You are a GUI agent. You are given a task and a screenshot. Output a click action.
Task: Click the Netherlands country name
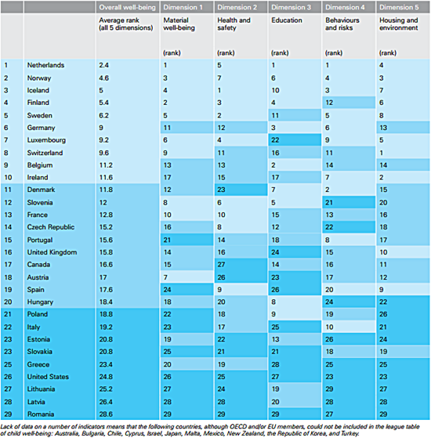[x=45, y=65]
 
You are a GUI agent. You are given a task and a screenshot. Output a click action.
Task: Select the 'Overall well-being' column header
[x=127, y=7]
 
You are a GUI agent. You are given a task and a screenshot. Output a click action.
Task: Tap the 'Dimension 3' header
[x=291, y=7]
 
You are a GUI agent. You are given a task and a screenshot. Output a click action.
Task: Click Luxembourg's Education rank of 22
[x=275, y=140]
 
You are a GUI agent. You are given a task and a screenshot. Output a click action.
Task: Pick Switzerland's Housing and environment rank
[x=382, y=153]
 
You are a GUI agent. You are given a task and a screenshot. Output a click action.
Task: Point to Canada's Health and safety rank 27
[x=221, y=265]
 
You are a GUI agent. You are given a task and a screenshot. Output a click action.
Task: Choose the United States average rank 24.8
[x=106, y=377]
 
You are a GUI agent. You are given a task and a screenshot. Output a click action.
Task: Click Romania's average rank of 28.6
[x=106, y=414]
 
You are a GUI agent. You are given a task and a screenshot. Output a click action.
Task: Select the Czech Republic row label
[x=51, y=227]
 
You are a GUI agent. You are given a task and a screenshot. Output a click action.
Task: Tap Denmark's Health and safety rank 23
[x=221, y=190]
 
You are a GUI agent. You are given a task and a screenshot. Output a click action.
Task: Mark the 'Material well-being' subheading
[x=179, y=24]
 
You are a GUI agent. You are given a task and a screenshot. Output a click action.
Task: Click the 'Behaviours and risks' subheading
[x=342, y=24]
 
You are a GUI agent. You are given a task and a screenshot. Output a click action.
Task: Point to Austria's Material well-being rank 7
[x=165, y=277]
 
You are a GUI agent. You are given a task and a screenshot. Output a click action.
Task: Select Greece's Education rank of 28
[x=275, y=364]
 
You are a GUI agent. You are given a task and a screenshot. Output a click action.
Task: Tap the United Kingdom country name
[x=52, y=252]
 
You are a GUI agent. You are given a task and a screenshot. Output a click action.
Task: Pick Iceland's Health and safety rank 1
[x=219, y=91]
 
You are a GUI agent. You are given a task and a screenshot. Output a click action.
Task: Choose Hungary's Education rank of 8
[x=273, y=302]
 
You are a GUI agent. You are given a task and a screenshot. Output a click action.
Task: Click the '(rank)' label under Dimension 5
[x=388, y=53]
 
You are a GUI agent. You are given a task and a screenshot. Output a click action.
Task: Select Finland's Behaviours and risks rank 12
[x=329, y=103]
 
